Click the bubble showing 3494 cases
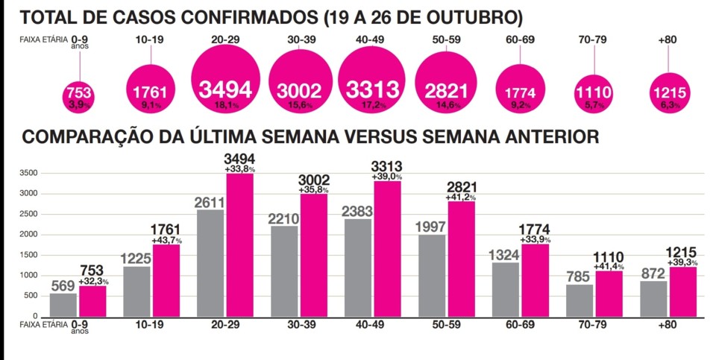point(226,90)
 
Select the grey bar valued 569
point(63,304)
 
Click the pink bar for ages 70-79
point(609,293)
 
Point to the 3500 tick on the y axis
point(27,173)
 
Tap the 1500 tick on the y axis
point(27,255)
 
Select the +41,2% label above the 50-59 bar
point(461,198)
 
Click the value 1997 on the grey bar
point(433,227)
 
